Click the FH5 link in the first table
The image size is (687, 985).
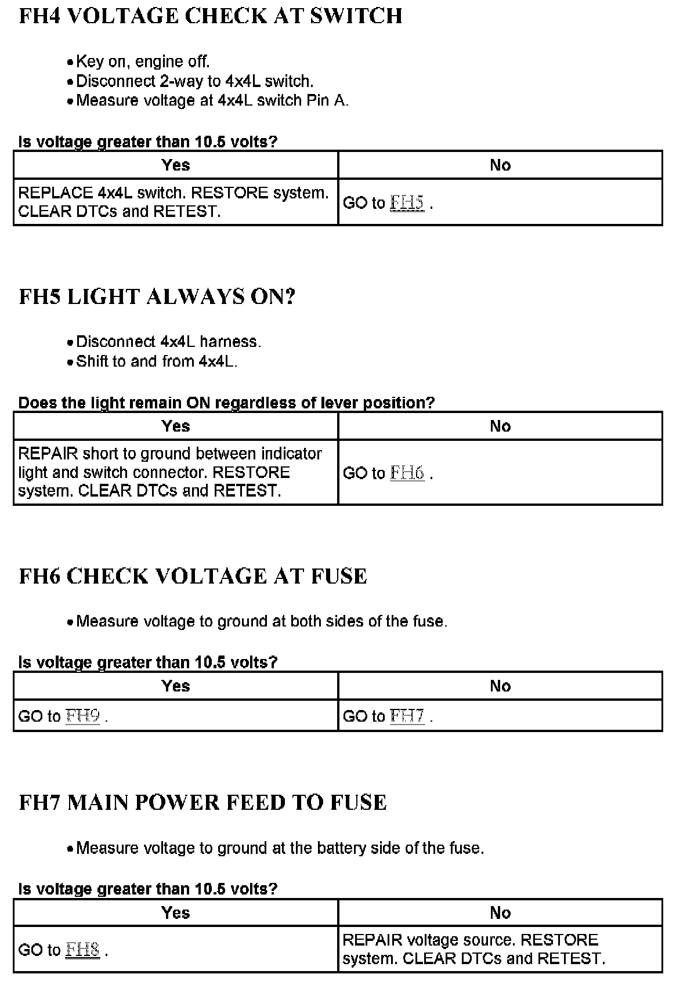(407, 202)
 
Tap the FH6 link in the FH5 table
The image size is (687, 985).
(407, 473)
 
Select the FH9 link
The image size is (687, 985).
(82, 716)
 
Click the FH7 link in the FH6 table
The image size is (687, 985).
(407, 716)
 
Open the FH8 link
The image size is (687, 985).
(82, 950)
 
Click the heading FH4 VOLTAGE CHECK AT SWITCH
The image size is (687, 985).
(210, 16)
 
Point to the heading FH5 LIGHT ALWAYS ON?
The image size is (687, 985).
(157, 296)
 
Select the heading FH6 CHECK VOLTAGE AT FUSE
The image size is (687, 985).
(193, 576)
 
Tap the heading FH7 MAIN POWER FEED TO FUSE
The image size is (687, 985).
(203, 802)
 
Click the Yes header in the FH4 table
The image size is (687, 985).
(176, 165)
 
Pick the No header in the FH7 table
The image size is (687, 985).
(500, 913)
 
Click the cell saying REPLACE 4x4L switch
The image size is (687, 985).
(173, 202)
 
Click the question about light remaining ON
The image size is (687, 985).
(226, 403)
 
